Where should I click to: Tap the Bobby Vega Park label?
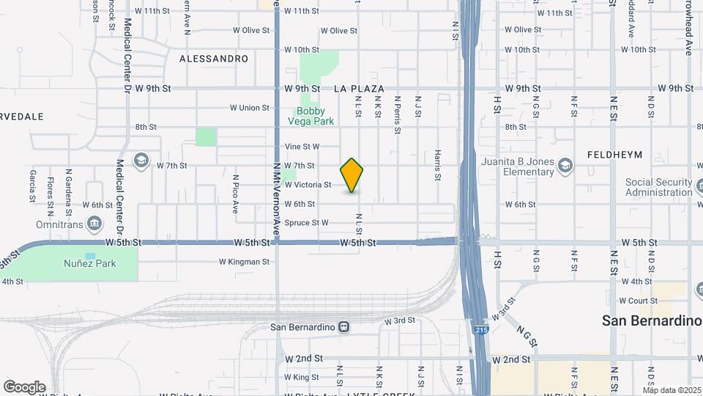(x=310, y=116)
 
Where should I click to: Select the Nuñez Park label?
(x=89, y=263)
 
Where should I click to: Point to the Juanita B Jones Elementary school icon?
(x=565, y=166)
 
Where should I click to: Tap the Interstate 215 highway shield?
(x=479, y=330)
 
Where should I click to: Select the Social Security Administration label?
(x=658, y=187)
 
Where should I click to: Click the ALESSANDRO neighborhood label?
(x=214, y=58)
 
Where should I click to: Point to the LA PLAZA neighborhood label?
(x=359, y=89)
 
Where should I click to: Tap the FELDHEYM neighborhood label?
(x=614, y=155)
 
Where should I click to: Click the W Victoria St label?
(x=308, y=185)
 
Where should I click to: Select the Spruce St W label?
(x=306, y=223)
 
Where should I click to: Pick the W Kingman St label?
(x=245, y=261)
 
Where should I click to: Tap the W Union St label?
(x=250, y=108)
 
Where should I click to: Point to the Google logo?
(x=24, y=386)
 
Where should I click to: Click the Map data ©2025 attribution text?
(x=672, y=390)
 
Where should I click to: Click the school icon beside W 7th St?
(x=141, y=160)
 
